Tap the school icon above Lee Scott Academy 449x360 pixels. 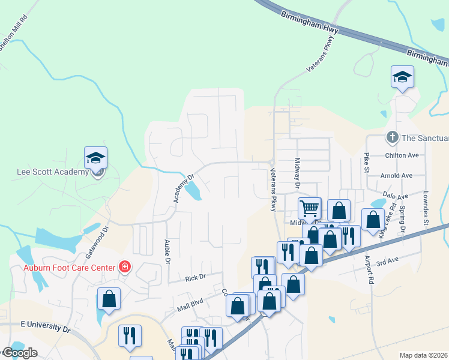pos(95,158)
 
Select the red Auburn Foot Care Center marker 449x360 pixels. pos(125,266)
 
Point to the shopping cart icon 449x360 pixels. pos(309,209)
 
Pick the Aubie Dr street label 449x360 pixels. pos(167,252)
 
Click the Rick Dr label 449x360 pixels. pos(195,278)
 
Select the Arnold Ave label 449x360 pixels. pos(397,176)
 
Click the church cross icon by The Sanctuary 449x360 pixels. pos(393,137)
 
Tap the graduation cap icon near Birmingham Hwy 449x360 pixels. pos(402,77)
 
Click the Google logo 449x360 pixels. pos(19,353)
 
